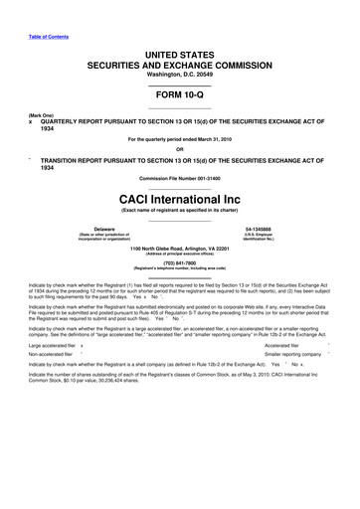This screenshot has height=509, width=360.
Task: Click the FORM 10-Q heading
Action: point(179,96)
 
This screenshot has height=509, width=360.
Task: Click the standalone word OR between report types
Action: point(179,149)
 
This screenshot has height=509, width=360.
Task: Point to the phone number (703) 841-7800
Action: point(179,263)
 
